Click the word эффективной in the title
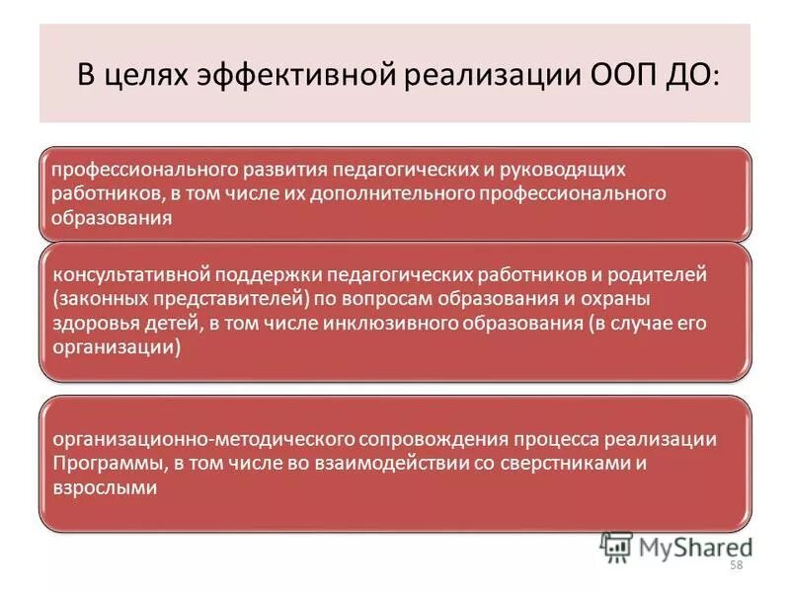(x=279, y=77)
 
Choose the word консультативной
(x=125, y=273)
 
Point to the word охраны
(x=621, y=298)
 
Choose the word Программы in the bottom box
(x=99, y=463)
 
